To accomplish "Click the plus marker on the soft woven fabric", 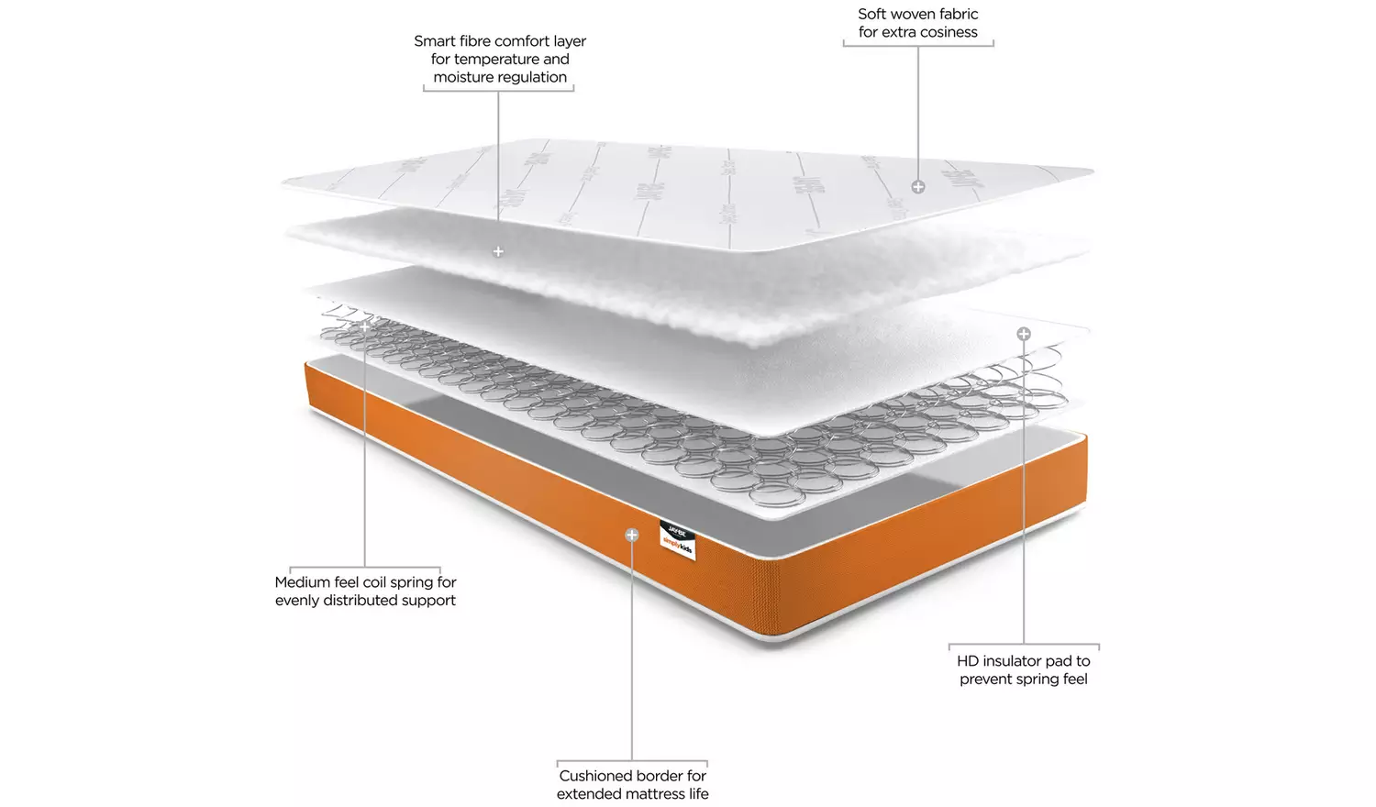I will (x=918, y=187).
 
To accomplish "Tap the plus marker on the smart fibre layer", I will (x=498, y=251).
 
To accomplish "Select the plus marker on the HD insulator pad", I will (x=1024, y=334).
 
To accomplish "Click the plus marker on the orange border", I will (x=632, y=535).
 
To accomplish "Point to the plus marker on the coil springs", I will (x=365, y=326).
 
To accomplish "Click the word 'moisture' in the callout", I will (x=463, y=78).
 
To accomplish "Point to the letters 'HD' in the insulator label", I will (x=968, y=661).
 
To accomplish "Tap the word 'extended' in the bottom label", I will (x=587, y=794).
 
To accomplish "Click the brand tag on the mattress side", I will (x=678, y=540).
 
